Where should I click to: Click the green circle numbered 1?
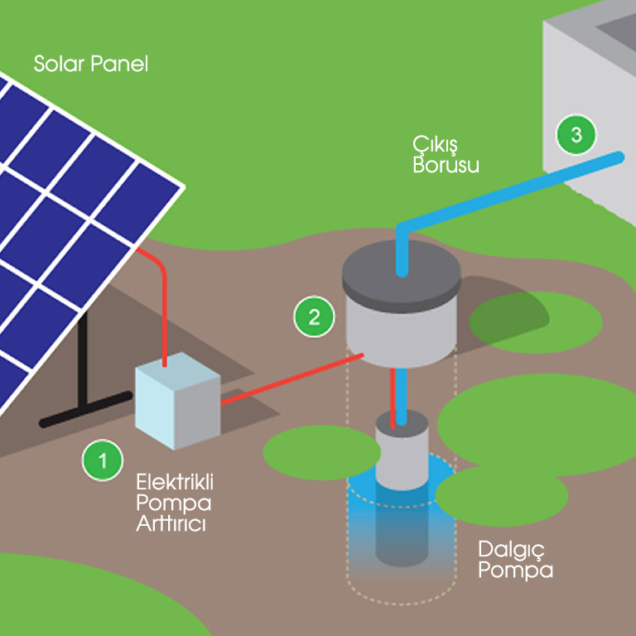[x=102, y=460]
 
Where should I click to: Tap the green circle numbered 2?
[x=314, y=316]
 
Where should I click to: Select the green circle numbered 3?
[x=576, y=133]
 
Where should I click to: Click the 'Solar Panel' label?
[x=91, y=64]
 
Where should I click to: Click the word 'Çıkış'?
[x=433, y=144]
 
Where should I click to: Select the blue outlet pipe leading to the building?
[x=513, y=190]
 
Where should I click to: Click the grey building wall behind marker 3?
[x=580, y=83]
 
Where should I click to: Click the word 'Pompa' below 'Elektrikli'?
[x=174, y=503]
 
